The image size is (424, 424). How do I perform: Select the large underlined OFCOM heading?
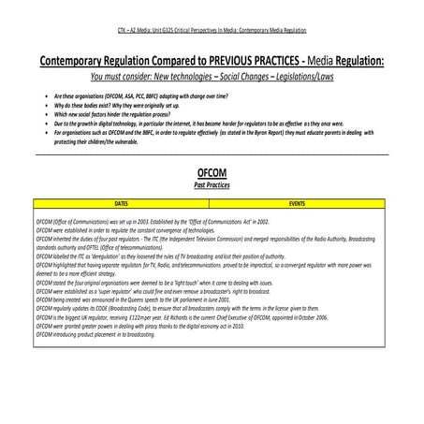(212, 174)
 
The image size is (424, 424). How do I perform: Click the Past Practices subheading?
(212, 185)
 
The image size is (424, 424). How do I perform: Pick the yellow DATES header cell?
(121, 201)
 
